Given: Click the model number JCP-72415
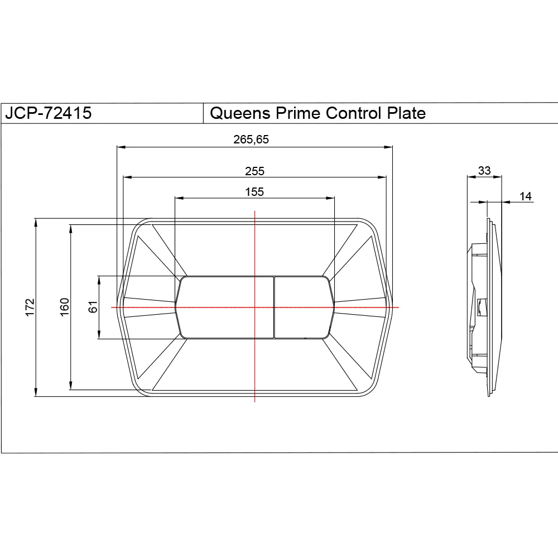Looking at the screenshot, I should [x=48, y=113].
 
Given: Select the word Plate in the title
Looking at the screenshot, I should [x=406, y=113].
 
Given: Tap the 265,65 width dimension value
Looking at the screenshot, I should [x=251, y=139].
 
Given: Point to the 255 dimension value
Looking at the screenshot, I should [x=254, y=171].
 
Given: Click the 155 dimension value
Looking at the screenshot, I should [x=254, y=191].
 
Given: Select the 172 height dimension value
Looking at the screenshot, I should [x=30, y=307].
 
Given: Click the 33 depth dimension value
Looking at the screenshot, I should [x=484, y=170].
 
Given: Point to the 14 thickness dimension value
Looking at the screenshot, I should [x=526, y=196].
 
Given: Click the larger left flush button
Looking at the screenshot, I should [x=226, y=307].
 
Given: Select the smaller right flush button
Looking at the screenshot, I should [x=302, y=307].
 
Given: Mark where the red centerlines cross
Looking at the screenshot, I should [x=254, y=307].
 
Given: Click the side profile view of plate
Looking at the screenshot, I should [x=484, y=307].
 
